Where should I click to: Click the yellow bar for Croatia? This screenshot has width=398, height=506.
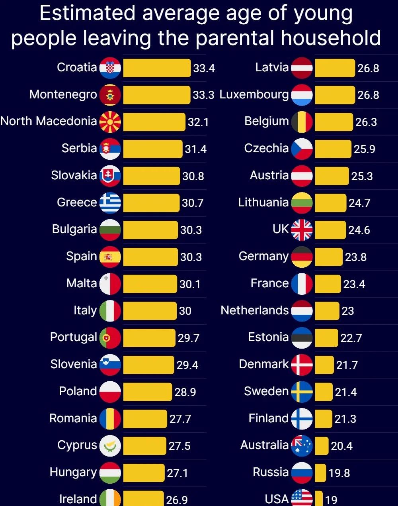(x=157, y=68)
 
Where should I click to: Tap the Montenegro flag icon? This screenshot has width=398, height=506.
(x=110, y=95)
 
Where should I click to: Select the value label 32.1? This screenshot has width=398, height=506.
(x=198, y=122)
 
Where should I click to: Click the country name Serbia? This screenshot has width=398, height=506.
(x=79, y=148)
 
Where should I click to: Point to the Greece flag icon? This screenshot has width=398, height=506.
(x=110, y=203)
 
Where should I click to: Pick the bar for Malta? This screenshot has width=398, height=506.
(x=150, y=284)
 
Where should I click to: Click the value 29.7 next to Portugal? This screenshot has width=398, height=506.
(x=188, y=338)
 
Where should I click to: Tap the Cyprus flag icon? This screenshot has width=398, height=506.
(x=110, y=446)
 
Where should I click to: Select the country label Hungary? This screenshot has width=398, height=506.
(x=73, y=472)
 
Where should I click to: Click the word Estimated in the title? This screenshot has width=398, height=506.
(x=88, y=14)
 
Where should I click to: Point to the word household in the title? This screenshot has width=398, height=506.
(x=331, y=38)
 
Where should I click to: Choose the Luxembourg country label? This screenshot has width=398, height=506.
(x=254, y=94)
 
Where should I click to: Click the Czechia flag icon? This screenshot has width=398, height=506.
(x=302, y=149)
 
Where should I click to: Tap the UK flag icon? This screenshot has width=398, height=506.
(x=302, y=230)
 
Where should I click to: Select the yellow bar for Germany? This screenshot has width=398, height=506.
(x=328, y=257)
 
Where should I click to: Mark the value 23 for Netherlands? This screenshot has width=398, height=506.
(x=347, y=311)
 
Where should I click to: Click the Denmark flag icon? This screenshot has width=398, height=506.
(x=302, y=365)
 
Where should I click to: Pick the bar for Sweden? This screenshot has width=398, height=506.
(x=324, y=392)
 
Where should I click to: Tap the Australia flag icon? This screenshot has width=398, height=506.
(x=302, y=446)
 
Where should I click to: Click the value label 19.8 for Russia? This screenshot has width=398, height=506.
(x=339, y=473)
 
